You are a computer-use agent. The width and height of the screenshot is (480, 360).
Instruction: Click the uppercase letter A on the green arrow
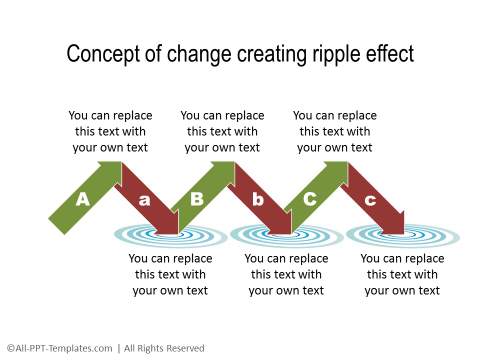[83, 199]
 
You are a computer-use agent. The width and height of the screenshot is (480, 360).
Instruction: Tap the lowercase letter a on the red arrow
[145, 199]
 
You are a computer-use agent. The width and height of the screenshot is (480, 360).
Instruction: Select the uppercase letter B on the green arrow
[197, 199]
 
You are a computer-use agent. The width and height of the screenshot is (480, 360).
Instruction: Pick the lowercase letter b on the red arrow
[258, 199]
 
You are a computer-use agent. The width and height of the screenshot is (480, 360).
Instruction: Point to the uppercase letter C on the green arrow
[310, 199]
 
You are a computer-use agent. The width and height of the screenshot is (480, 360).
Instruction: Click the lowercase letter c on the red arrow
[371, 199]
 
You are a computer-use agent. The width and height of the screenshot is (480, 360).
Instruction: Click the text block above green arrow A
[110, 131]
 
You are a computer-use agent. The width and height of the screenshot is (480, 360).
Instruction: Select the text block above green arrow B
[222, 131]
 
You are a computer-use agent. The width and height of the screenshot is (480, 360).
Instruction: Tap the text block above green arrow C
[335, 131]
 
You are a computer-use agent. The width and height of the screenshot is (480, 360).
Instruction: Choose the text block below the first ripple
[170, 274]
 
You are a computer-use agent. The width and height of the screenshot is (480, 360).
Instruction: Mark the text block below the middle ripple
[286, 274]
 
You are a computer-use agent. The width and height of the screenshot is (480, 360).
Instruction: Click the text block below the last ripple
[401, 274]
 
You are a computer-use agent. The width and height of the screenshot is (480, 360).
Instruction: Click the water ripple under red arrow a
[160, 237]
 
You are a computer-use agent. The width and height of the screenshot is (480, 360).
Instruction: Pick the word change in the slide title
[194, 54]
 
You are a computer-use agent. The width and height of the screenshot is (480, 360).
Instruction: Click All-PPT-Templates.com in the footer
[61, 348]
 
